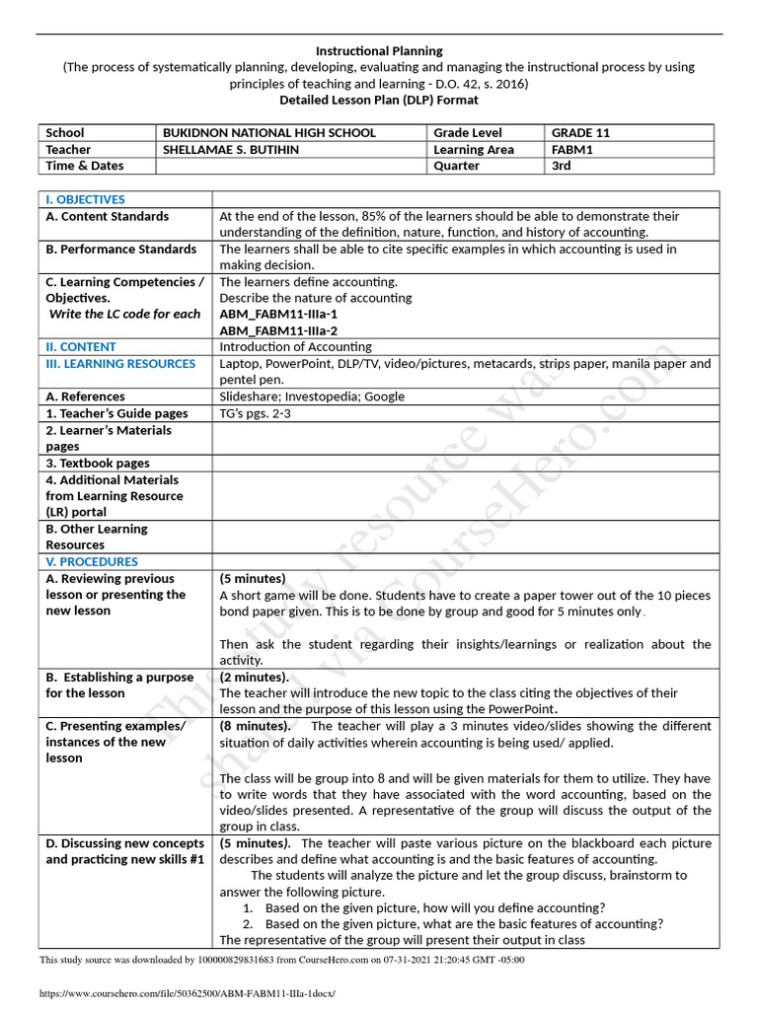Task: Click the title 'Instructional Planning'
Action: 379,50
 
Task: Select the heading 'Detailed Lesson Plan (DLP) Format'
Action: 379,100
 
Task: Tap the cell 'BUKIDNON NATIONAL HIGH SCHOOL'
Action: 269,132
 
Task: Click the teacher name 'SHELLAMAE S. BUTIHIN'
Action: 231,149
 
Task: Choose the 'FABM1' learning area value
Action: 571,149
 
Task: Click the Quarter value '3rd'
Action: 562,166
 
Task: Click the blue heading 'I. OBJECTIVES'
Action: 86,199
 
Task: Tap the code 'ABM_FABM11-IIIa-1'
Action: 272,314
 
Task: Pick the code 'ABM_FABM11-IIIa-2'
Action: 272,330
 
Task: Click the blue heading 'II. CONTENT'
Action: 81,347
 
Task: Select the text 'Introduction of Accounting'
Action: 295,347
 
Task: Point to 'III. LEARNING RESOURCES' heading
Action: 120,364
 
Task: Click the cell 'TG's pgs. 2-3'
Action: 256,413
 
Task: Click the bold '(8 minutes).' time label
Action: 255,727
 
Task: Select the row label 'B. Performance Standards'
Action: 121,250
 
